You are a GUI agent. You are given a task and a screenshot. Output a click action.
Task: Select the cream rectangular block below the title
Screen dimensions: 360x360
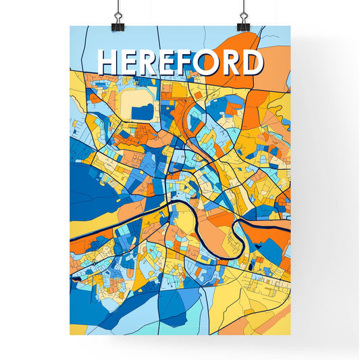[x=138, y=103]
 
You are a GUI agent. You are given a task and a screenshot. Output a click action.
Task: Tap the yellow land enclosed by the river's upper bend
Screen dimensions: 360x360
[x=184, y=220]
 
